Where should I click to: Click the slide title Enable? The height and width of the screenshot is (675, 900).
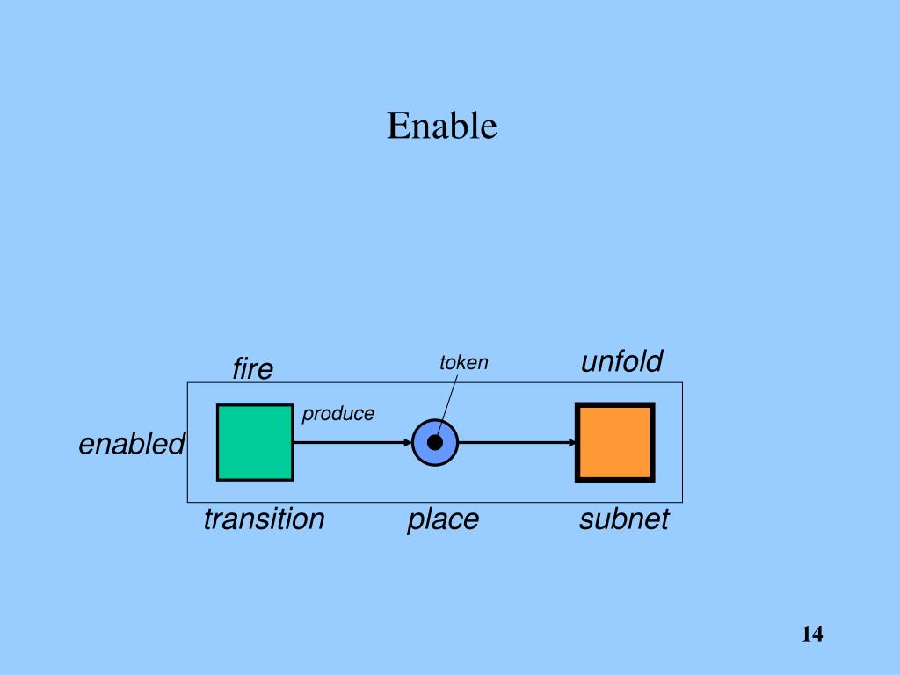pos(442,127)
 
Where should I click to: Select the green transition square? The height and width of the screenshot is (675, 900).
pos(255,442)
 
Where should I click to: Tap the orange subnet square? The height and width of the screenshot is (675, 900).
pos(614,442)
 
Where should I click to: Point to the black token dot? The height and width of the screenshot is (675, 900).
pos(435,442)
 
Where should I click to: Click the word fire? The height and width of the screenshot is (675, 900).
pos(253,370)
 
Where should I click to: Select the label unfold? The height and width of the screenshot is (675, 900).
pos(621,361)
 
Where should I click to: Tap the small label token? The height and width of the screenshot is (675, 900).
pos(463,363)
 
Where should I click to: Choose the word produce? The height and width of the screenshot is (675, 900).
pos(338,413)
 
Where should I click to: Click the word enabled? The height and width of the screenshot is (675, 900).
pos(132,445)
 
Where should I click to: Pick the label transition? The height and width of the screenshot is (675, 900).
pos(264,519)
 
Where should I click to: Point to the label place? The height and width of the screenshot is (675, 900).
pos(443,519)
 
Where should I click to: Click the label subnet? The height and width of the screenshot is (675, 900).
pos(624,519)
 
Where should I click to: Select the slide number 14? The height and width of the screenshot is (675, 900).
pos(811,634)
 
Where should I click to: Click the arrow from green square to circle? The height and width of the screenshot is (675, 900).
pos(352,442)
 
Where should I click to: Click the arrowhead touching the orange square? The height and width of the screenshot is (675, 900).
pos(571,442)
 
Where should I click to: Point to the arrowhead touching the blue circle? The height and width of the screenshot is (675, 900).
pos(408,442)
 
